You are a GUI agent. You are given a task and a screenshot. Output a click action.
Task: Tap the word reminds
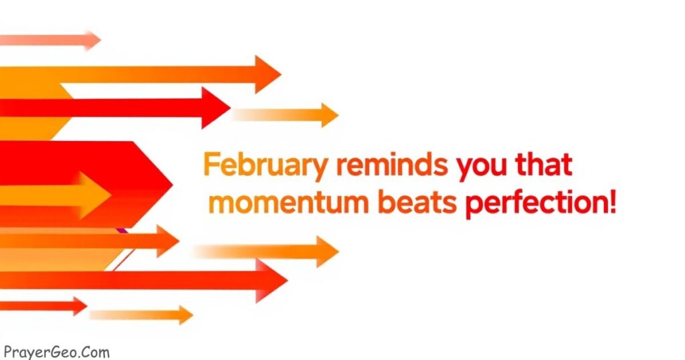click(392, 164)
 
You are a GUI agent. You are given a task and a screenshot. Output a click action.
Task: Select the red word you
click(482, 168)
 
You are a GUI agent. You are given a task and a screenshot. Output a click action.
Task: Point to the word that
click(544, 164)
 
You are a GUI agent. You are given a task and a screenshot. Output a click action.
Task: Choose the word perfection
click(534, 203)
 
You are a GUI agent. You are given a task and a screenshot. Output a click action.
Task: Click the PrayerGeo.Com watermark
click(56, 352)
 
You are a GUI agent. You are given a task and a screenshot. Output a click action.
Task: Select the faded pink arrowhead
click(92, 41)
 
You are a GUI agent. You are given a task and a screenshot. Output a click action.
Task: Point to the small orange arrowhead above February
click(330, 115)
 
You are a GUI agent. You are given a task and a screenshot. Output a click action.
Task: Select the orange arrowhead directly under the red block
click(168, 241)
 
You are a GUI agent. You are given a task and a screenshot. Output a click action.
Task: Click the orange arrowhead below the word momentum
click(328, 251)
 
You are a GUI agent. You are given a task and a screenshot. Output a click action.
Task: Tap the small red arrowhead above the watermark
click(80, 306)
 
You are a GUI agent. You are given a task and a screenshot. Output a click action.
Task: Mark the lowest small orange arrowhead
click(186, 314)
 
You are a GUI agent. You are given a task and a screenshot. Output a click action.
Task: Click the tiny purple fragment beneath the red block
click(122, 230)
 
